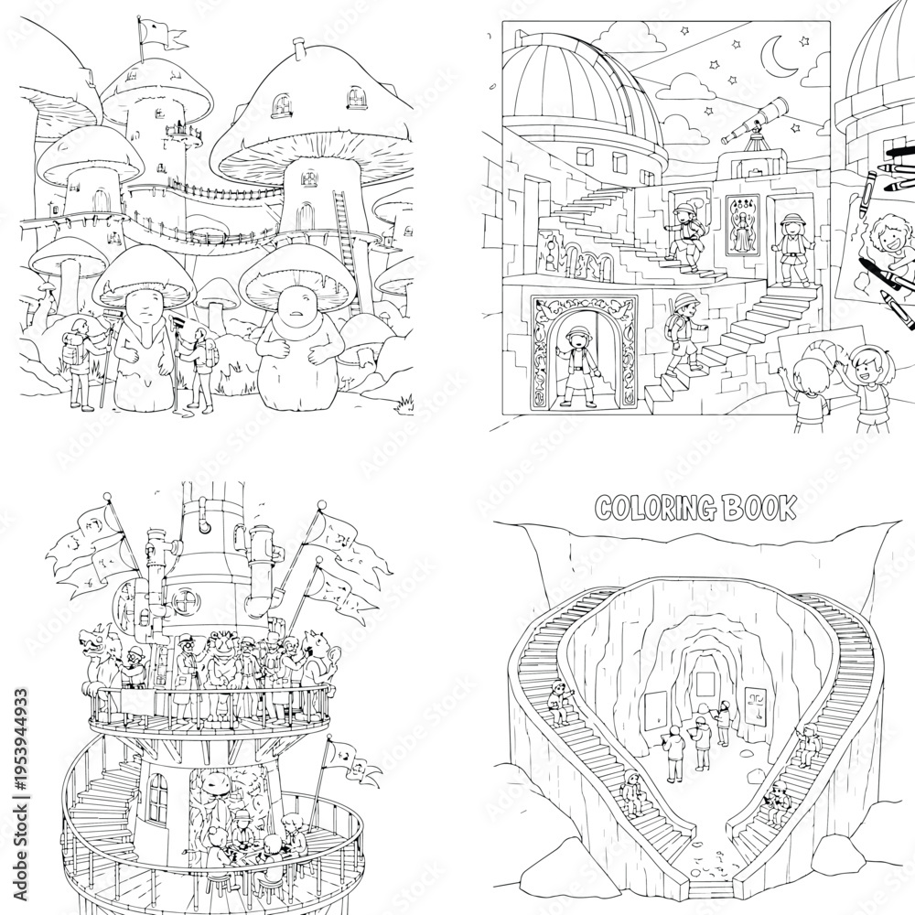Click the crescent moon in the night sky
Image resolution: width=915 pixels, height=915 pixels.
[775, 57]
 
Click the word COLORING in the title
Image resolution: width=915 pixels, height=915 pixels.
[655, 508]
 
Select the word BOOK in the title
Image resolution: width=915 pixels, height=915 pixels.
[759, 508]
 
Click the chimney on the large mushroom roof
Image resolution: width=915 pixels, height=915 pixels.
[300, 49]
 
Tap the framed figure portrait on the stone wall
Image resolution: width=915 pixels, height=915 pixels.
[742, 226]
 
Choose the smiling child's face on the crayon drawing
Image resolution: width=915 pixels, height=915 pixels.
[886, 236]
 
